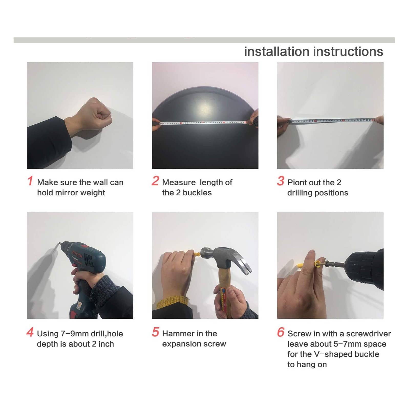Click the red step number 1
coord(30,180)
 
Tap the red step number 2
coord(155,180)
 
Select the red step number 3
coord(281,180)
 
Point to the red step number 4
coord(30,332)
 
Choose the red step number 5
coord(155,332)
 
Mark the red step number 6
coord(281,332)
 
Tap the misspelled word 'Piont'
coord(297,182)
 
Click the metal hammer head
coord(225,258)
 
